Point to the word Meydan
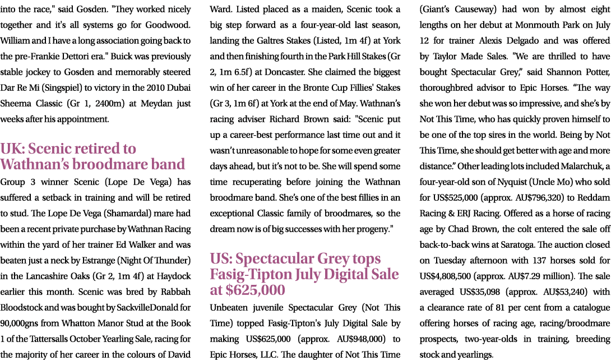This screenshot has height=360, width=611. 155,104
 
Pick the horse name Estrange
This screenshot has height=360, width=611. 103,260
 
